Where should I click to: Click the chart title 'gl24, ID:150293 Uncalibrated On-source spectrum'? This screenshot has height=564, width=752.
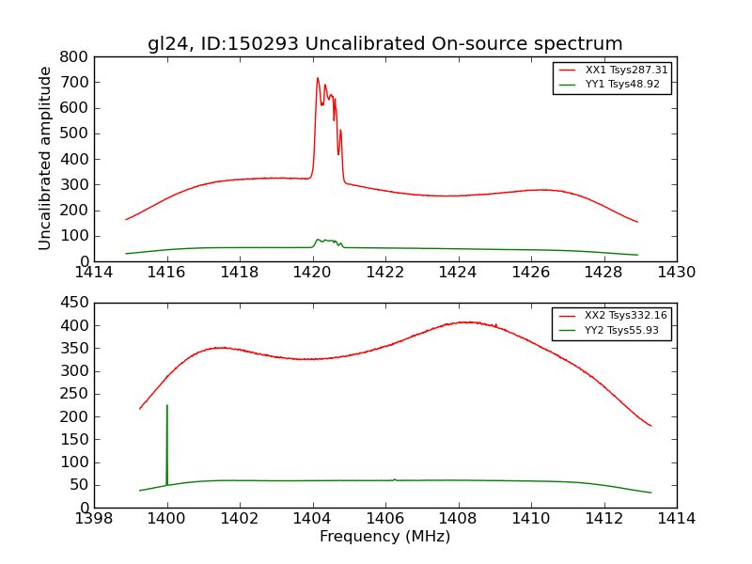point(384,43)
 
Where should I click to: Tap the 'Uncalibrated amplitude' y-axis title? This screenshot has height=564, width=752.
point(45,158)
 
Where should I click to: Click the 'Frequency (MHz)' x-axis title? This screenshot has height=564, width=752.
point(384,537)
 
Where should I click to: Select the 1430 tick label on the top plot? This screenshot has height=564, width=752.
point(676,272)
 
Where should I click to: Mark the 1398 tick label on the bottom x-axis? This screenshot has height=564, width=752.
point(94,518)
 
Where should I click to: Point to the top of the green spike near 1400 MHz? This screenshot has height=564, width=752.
point(167,406)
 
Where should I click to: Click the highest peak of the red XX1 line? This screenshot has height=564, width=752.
point(318,79)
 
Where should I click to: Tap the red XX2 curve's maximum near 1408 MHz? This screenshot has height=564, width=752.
point(467,322)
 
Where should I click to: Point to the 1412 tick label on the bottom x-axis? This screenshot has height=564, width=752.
point(603,518)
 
